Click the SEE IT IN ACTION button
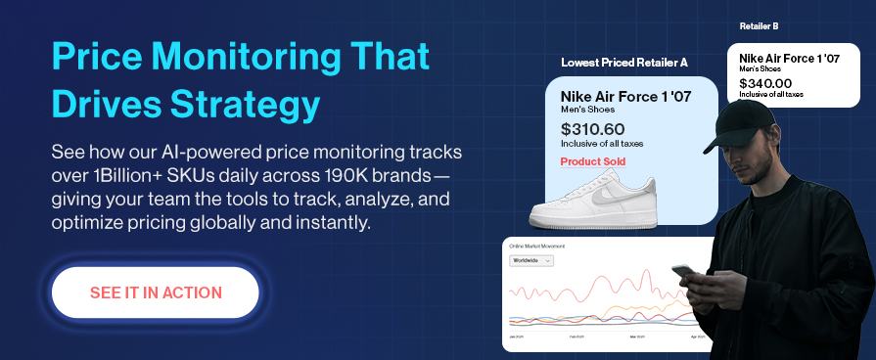[x=156, y=292]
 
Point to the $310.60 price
[x=592, y=129]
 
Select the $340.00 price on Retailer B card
[x=765, y=83]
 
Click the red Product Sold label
[x=593, y=161]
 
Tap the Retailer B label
[x=760, y=26]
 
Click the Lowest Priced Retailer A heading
[x=623, y=63]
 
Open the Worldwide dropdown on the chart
[x=532, y=260]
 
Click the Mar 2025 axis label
[x=639, y=336]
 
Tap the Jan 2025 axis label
[x=518, y=336]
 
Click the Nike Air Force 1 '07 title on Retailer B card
[x=790, y=57]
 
